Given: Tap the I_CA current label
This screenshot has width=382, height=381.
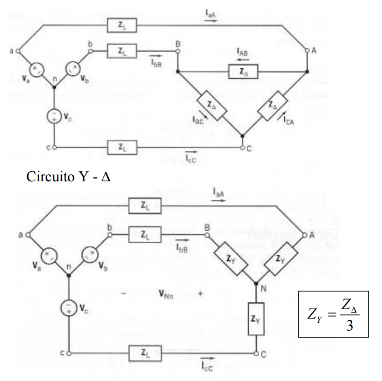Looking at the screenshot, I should coord(289,122).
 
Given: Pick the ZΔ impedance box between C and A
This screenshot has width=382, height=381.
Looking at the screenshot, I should coord(274,105).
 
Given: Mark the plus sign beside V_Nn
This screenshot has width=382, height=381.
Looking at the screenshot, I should coord(201,294).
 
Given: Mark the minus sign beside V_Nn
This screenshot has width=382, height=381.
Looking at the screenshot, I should coord(124,293).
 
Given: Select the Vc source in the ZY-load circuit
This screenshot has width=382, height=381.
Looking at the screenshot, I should coord(70,308).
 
